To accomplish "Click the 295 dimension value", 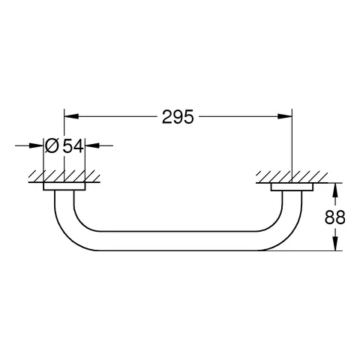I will [178, 116].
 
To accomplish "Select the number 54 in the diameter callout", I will [72, 146].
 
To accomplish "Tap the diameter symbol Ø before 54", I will [51, 146].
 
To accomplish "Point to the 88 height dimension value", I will [340, 217].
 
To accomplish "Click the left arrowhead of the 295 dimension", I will [68, 116].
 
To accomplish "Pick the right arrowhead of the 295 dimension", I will [286, 116].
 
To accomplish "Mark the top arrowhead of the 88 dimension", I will [334, 187].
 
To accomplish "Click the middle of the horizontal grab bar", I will [178, 242].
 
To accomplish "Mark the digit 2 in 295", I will [166, 116].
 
